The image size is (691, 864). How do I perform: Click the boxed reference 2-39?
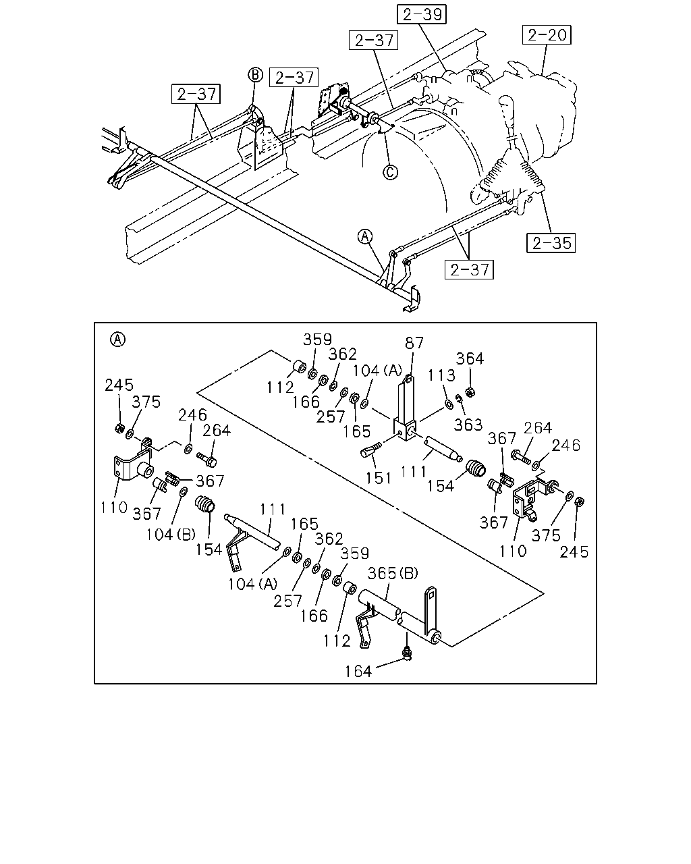pyautogui.click(x=421, y=14)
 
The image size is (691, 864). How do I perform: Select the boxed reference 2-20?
pyautogui.click(x=547, y=35)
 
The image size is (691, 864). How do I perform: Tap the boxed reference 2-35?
pyautogui.click(x=551, y=243)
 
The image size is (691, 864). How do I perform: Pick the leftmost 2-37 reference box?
pyautogui.click(x=196, y=94)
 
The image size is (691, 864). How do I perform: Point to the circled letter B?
pyautogui.click(x=255, y=75)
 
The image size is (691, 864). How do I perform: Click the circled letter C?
pyautogui.click(x=390, y=172)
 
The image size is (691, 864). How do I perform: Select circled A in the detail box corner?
pyautogui.click(x=117, y=340)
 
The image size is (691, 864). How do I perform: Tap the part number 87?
pyautogui.click(x=414, y=344)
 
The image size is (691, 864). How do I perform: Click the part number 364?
pyautogui.click(x=470, y=358)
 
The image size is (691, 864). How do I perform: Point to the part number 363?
pyautogui.click(x=468, y=425)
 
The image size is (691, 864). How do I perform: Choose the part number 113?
pyautogui.click(x=441, y=375)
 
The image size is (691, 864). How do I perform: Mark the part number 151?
pyautogui.click(x=378, y=478)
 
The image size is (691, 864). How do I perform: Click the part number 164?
pyautogui.click(x=358, y=671)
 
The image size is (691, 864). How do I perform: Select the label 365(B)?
pyautogui.click(x=393, y=573)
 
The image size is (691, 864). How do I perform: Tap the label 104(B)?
pyautogui.click(x=171, y=535)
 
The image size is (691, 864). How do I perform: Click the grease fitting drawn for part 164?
pyautogui.click(x=407, y=655)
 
